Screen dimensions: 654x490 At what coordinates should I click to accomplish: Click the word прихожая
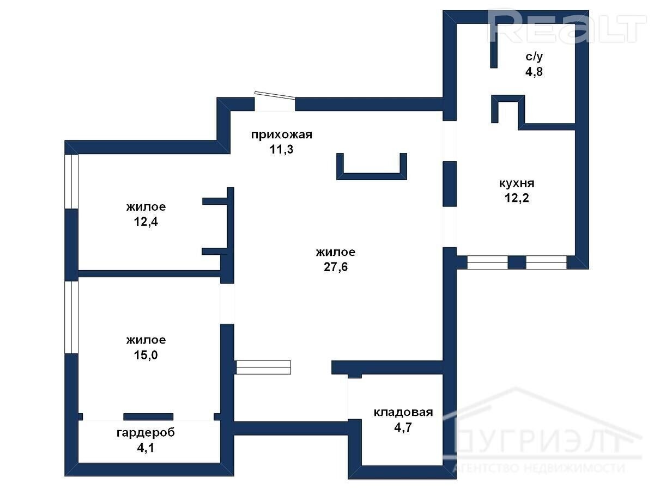pos(282,136)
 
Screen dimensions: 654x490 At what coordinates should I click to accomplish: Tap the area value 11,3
pos(282,149)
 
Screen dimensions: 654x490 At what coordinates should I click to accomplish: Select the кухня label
pos(517,183)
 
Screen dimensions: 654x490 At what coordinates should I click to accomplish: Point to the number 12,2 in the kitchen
pos(517,198)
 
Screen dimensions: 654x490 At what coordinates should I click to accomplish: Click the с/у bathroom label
pos(534,57)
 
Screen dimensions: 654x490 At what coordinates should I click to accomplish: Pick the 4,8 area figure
pos(534,72)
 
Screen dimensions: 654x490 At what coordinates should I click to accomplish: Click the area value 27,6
pos(336,267)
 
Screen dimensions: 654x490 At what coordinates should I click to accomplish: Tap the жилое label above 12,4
pos(146,207)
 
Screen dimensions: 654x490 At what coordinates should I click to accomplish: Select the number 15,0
pos(146,355)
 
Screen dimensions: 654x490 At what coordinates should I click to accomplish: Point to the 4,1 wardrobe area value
pos(146,448)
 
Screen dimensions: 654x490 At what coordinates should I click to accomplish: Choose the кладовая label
pos(403,413)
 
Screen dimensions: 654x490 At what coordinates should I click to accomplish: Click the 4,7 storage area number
pos(403,427)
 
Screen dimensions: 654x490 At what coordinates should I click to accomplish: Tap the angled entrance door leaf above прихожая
pos(275,95)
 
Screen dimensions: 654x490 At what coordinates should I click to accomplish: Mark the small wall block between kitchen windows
pos(517,263)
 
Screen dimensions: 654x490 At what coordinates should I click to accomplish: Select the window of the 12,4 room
pos(71,181)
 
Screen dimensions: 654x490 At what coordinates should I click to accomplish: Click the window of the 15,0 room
pos(71,317)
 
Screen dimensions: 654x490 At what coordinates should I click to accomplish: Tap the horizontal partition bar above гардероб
pos(148,417)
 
